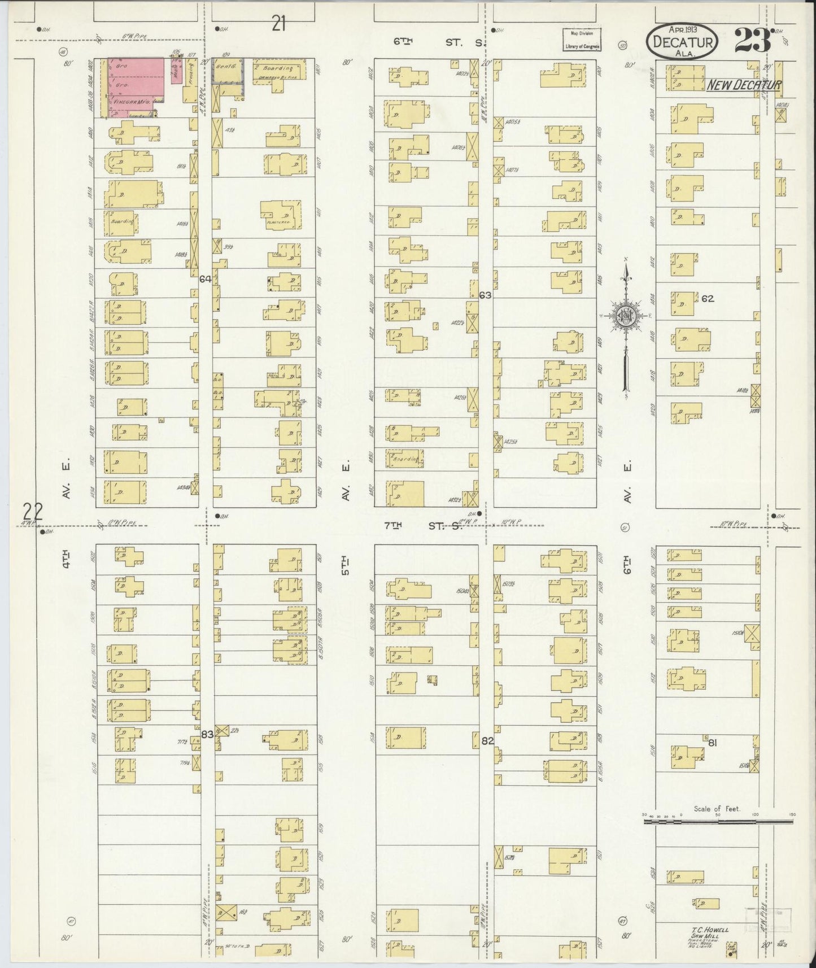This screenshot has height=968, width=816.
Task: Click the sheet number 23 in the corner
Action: click(x=753, y=40)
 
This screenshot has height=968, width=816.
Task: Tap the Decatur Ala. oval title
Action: click(x=683, y=41)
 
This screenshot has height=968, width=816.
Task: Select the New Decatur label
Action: click(x=744, y=85)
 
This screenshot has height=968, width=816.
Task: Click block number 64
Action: click(x=205, y=278)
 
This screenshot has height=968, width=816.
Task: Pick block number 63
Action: click(x=485, y=295)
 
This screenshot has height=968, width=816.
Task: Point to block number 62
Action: click(x=708, y=298)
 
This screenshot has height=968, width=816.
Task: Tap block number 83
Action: click(x=207, y=734)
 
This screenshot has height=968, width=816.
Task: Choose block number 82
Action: click(x=487, y=740)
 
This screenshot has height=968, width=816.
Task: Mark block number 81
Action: click(x=712, y=743)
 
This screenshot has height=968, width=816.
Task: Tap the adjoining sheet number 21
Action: click(x=278, y=24)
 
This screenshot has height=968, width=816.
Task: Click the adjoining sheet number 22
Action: click(x=32, y=511)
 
